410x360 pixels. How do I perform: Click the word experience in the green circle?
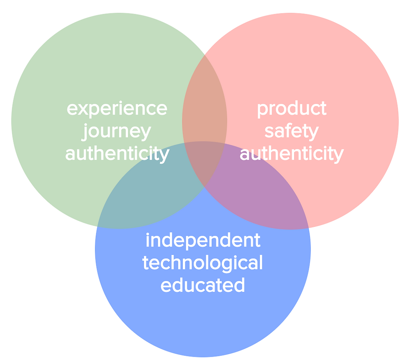117,108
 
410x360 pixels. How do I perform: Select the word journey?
117,131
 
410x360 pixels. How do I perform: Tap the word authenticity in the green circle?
117,154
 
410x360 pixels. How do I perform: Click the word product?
292,108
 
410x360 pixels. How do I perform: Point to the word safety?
292,131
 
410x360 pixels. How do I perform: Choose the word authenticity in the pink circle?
292,154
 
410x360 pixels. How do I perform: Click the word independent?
203,240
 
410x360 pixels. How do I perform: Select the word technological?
203,263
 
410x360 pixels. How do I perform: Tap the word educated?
203,285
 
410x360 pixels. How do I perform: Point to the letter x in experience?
81,109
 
